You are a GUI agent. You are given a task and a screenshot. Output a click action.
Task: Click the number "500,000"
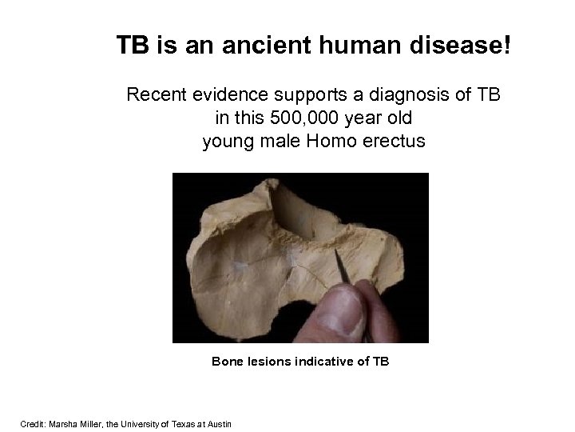point(297,119)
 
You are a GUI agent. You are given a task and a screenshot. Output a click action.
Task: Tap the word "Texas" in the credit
point(185,423)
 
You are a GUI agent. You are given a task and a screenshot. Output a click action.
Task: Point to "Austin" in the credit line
point(219,423)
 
